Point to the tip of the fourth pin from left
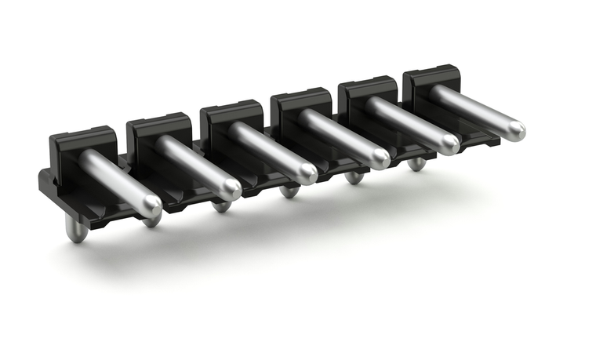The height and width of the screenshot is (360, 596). (x=380, y=159)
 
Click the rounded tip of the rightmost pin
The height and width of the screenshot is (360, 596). (x=515, y=129)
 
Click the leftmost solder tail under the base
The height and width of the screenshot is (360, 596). (x=76, y=231)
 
